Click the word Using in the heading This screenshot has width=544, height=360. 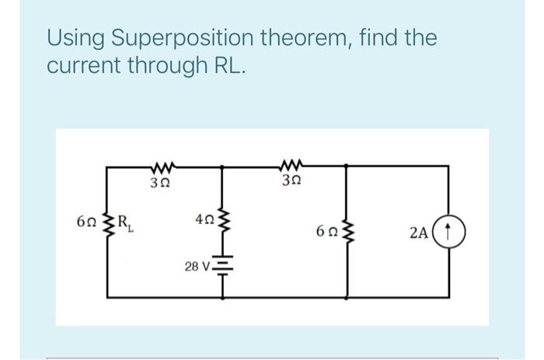tap(75, 37)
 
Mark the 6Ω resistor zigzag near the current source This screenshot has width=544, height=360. tap(336, 231)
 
